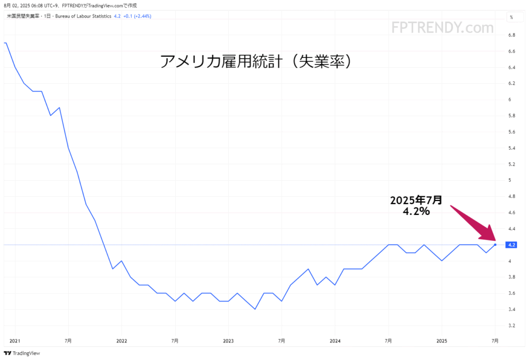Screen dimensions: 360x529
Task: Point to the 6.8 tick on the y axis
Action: pyautogui.click(x=512, y=35)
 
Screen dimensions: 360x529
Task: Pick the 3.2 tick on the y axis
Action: pyautogui.click(x=512, y=325)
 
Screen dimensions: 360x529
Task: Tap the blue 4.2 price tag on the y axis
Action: pyautogui.click(x=512, y=245)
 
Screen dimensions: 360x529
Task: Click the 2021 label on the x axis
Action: pyautogui.click(x=15, y=341)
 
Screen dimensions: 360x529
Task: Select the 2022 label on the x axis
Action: pyautogui.click(x=121, y=341)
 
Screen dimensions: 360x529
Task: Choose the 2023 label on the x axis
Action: pyautogui.click(x=228, y=341)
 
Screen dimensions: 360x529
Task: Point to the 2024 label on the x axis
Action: pyautogui.click(x=335, y=341)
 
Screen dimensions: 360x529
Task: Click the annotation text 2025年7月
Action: pyautogui.click(x=416, y=200)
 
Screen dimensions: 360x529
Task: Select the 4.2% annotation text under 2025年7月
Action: pyautogui.click(x=416, y=212)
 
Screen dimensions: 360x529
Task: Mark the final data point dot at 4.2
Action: pyautogui.click(x=495, y=245)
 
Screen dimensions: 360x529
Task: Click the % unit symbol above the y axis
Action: pyautogui.click(x=511, y=17)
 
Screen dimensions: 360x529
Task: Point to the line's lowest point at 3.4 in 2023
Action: pyautogui.click(x=255, y=309)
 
